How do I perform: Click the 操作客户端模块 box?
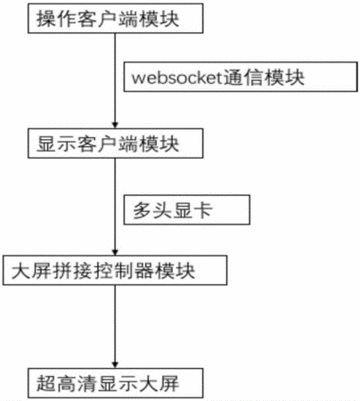click(116, 18)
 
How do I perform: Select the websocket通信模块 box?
click(241, 77)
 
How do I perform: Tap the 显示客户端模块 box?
click(116, 143)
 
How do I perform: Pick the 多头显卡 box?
click(187, 209)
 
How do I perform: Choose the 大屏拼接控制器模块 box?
click(115, 270)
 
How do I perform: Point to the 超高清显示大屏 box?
click(116, 383)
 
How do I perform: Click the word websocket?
click(177, 78)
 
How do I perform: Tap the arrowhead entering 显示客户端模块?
click(115, 125)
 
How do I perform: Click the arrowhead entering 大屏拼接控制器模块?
click(115, 252)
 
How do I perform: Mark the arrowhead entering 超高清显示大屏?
click(115, 365)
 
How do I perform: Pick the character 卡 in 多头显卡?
click(203, 210)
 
